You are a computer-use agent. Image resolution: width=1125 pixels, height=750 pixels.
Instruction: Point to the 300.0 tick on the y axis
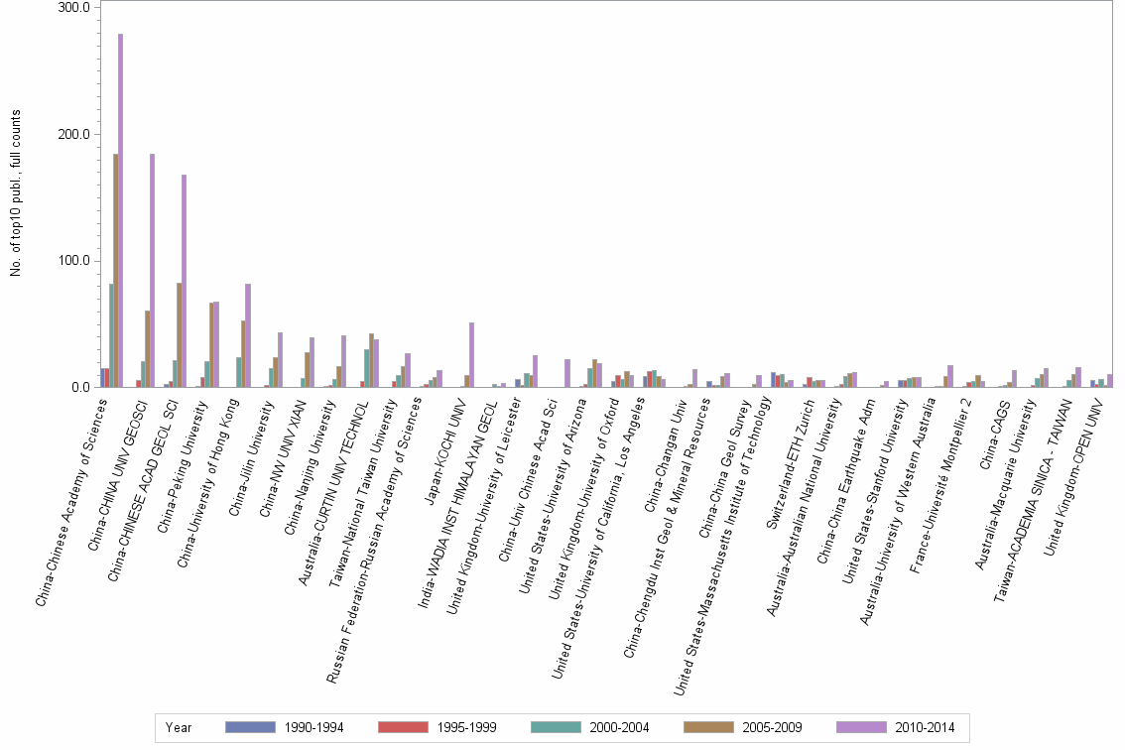pos(74,8)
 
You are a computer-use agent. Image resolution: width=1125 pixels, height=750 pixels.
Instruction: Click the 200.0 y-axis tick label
pos(74,134)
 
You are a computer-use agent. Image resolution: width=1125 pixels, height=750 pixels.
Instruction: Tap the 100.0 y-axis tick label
pos(74,261)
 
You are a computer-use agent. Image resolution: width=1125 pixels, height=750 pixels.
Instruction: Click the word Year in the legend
pos(180,727)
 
